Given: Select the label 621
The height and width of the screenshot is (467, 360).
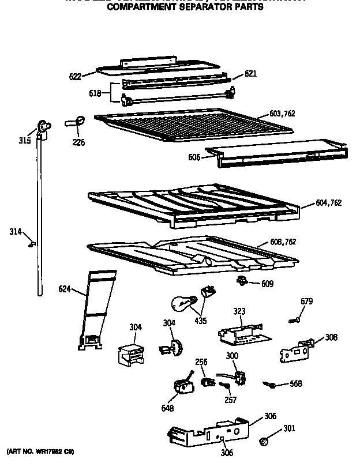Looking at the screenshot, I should click(x=250, y=74).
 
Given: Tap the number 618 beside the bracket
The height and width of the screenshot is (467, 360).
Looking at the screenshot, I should click(x=95, y=93).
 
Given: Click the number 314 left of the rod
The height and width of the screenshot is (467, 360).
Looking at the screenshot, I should click(x=15, y=232).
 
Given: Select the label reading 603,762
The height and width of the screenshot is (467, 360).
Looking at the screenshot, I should click(x=282, y=114).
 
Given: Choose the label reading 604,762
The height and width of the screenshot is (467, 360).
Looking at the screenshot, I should click(x=329, y=202).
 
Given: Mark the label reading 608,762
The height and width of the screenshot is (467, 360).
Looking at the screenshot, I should click(x=283, y=242).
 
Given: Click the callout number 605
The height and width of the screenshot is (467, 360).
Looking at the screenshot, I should click(x=194, y=157).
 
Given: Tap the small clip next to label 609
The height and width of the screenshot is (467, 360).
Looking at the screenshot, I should click(x=242, y=281).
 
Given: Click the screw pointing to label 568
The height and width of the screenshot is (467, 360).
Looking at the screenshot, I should click(x=269, y=383).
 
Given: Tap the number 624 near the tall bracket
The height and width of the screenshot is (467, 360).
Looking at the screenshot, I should click(x=65, y=289).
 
